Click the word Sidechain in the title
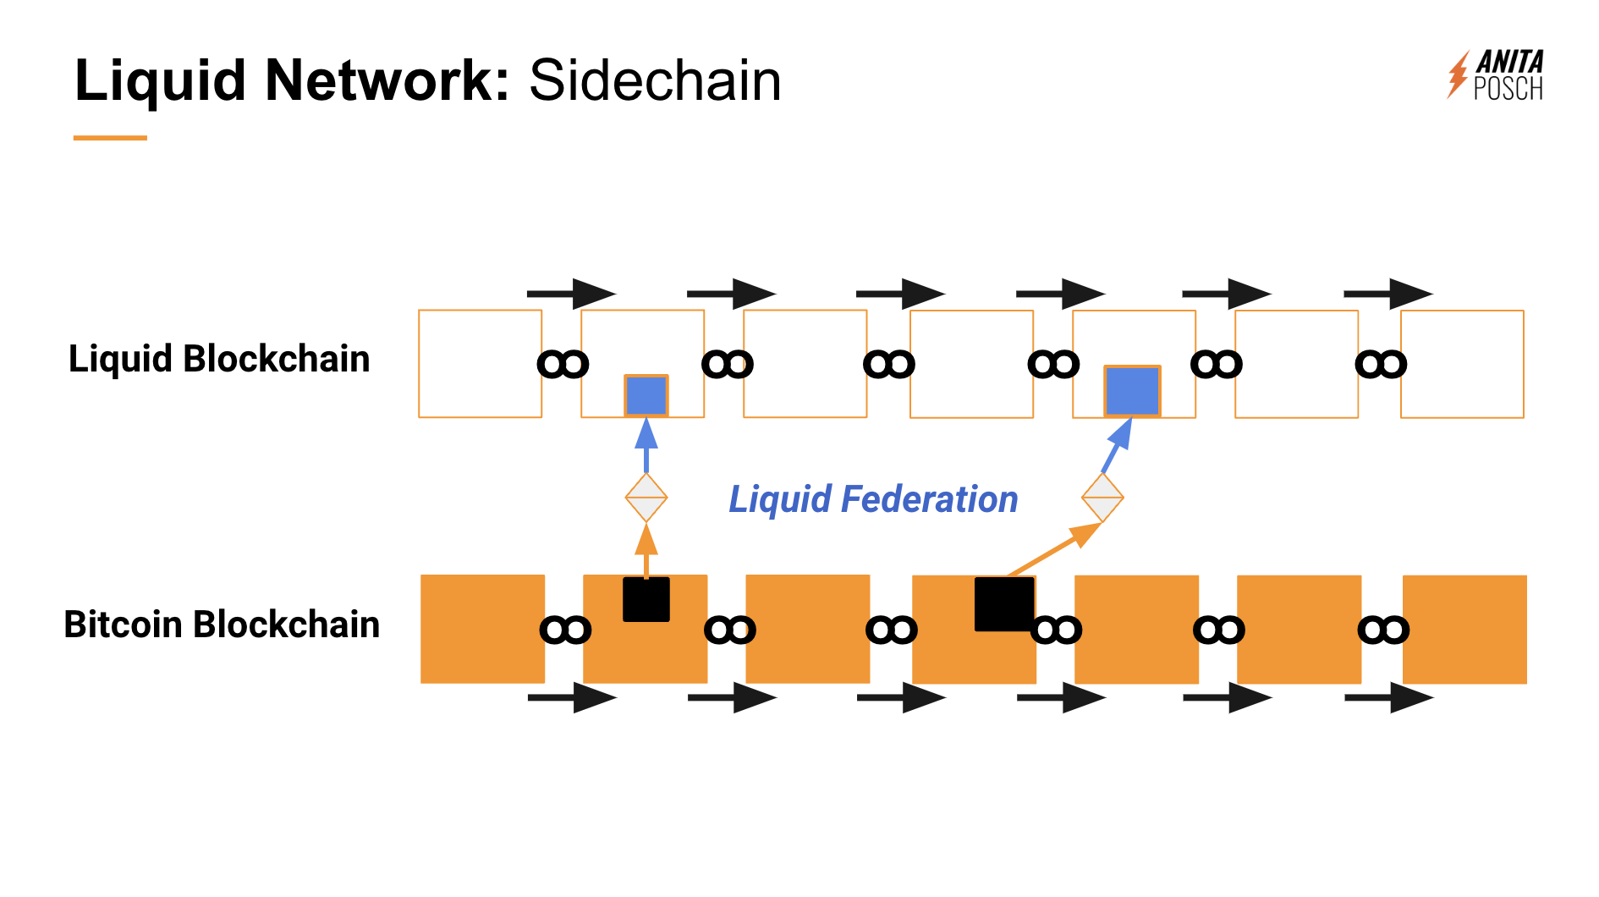(x=655, y=81)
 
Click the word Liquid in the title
(x=160, y=81)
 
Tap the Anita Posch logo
(x=1496, y=75)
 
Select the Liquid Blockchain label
(x=219, y=359)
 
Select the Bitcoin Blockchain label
(x=222, y=625)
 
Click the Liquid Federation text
(x=873, y=499)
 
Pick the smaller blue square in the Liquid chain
(x=646, y=395)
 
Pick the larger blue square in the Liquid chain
(x=1132, y=391)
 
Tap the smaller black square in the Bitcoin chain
(x=646, y=600)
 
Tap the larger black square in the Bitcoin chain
(x=1004, y=604)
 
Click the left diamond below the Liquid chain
(x=646, y=498)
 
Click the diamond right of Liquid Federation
(x=1102, y=498)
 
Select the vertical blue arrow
(x=646, y=445)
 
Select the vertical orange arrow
(x=646, y=550)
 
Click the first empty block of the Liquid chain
(x=480, y=364)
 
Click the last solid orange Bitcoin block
(x=1464, y=630)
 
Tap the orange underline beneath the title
(x=110, y=138)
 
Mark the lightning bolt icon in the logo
(x=1457, y=75)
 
